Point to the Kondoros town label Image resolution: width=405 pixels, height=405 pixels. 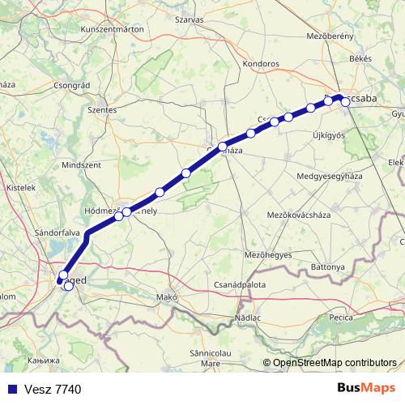point(261,63)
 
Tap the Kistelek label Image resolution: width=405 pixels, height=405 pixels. point(20,187)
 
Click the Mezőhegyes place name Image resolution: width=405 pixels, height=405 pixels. point(267,254)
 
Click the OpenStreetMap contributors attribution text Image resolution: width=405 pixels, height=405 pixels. point(335,363)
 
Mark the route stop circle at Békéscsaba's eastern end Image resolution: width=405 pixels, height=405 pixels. point(345,101)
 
